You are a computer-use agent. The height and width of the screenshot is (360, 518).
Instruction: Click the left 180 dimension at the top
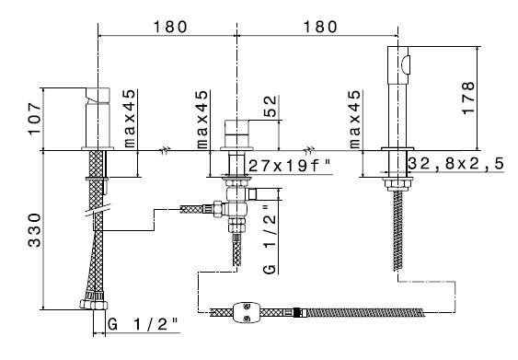tap(170, 27)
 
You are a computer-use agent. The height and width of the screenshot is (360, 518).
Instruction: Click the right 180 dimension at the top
tap(320, 27)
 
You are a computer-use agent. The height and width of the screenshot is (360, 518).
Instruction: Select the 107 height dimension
tap(35, 119)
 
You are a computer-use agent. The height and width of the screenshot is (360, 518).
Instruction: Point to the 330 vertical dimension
tap(35, 230)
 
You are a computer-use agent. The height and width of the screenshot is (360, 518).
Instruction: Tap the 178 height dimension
tap(468, 98)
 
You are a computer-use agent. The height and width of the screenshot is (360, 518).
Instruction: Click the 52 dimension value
tap(271, 106)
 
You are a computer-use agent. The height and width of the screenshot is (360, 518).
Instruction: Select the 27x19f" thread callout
tap(290, 165)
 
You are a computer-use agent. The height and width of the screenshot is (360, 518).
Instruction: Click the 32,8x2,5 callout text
tap(456, 164)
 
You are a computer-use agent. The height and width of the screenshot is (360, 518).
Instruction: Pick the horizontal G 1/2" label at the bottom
tap(143, 324)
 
